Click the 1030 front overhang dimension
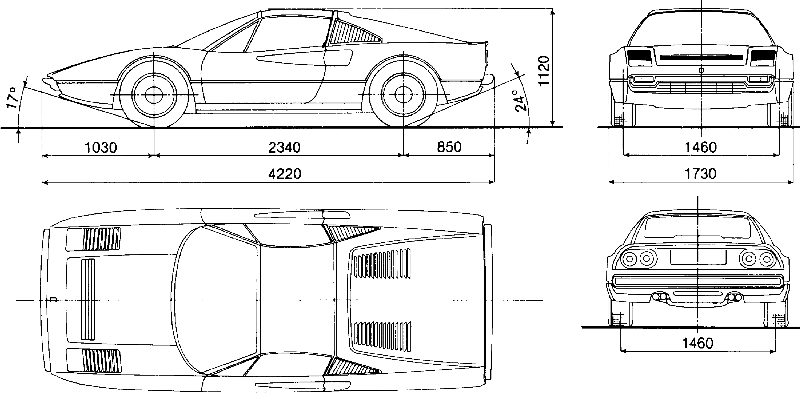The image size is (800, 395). tap(101, 148)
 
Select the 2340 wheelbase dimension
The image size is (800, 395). tap(284, 148)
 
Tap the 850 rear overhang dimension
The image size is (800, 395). tap(449, 147)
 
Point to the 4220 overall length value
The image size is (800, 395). tap(285, 174)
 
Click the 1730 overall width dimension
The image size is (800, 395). tap(701, 174)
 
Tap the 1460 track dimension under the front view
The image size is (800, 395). tap(701, 147)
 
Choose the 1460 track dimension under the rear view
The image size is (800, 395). tap(698, 343)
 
